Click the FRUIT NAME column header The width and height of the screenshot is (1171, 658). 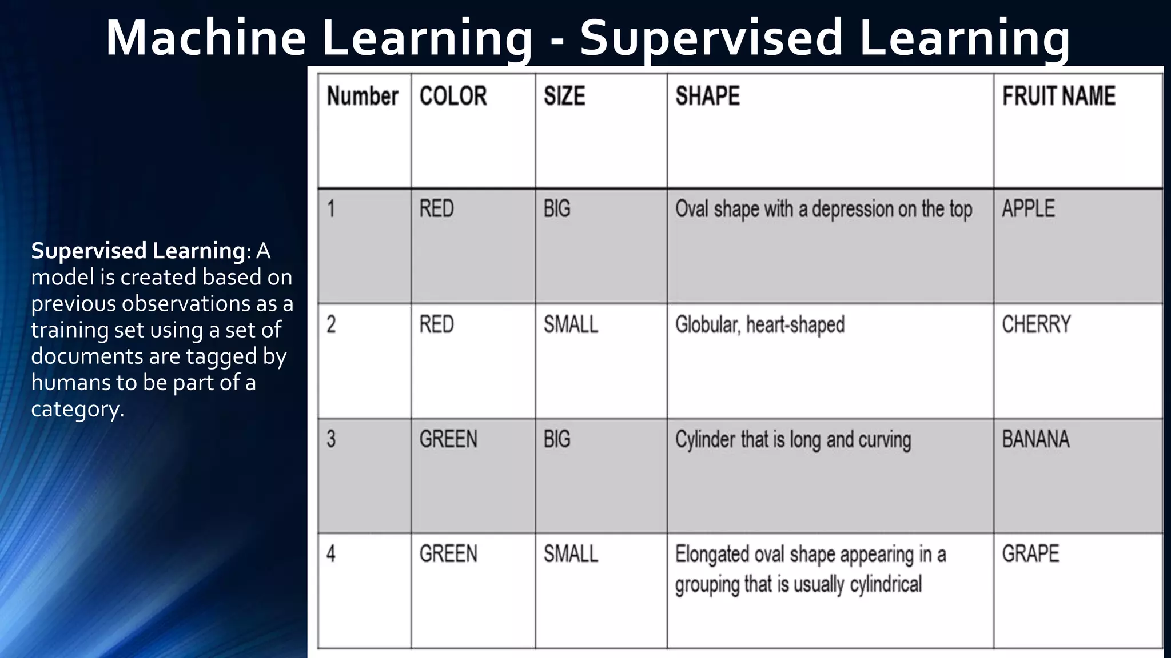(x=1058, y=96)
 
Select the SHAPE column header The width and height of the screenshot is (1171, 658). (x=707, y=96)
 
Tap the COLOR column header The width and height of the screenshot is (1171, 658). (x=453, y=96)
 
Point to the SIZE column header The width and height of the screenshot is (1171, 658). (x=564, y=96)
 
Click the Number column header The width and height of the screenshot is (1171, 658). (x=363, y=96)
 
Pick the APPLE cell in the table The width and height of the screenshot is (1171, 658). (x=1028, y=208)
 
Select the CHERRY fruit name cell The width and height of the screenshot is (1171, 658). (x=1036, y=324)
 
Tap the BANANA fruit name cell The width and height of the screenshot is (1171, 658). (x=1035, y=439)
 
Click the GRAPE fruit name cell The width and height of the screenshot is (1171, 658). (x=1030, y=553)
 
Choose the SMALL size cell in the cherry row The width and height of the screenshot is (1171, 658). (x=571, y=324)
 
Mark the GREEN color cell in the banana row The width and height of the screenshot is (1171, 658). (x=448, y=439)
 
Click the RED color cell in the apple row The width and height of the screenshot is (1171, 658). (x=436, y=208)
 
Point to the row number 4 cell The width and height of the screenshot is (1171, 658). (x=331, y=553)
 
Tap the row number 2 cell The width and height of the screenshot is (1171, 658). (x=331, y=324)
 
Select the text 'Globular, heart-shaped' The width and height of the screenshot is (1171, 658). (x=760, y=324)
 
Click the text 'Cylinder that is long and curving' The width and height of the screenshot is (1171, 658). (x=793, y=439)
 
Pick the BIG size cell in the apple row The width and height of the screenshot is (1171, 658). (x=557, y=208)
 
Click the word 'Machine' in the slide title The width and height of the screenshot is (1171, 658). (x=206, y=38)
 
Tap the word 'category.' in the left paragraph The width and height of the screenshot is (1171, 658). (x=77, y=409)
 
